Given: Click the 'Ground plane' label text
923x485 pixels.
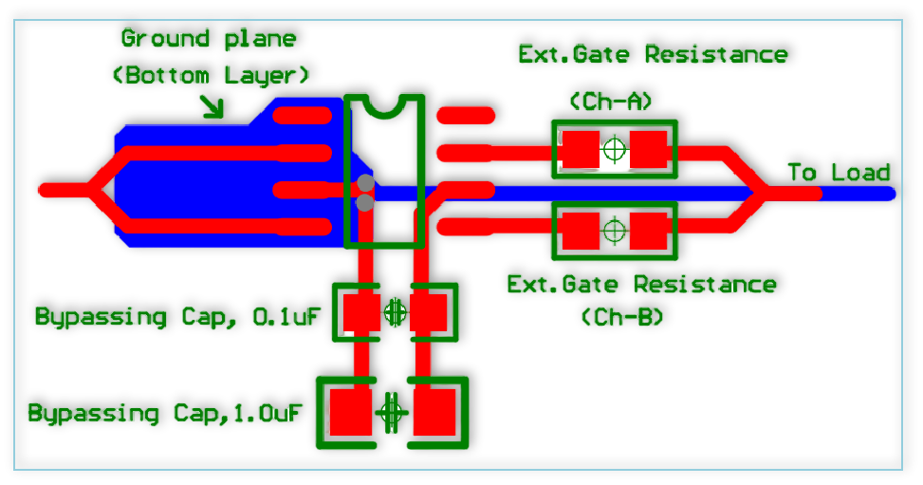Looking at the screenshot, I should [x=209, y=39].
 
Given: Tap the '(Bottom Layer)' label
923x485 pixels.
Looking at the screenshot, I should [x=211, y=75].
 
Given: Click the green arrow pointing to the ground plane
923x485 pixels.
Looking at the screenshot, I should [x=212, y=107].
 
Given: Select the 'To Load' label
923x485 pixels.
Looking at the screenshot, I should [x=839, y=173].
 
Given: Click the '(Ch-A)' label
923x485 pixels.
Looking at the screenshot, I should [x=612, y=101].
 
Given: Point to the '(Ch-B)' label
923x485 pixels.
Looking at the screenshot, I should [x=622, y=317].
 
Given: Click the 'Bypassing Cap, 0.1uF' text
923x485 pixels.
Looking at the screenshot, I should [x=177, y=317].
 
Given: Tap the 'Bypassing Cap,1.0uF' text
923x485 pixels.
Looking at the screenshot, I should [x=165, y=414].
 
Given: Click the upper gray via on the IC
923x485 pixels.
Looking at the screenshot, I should [x=365, y=182].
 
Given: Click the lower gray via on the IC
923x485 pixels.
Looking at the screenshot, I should [x=365, y=202].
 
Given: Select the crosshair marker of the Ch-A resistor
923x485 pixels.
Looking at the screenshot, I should [x=615, y=149].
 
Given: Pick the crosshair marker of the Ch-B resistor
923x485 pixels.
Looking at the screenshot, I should [x=615, y=230].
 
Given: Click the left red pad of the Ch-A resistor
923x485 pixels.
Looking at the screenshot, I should [x=579, y=149].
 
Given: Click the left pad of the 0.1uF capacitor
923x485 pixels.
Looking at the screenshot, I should [x=361, y=312].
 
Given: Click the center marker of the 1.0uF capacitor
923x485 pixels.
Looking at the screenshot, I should [x=391, y=413].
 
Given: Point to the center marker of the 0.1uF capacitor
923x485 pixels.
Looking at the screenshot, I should [x=395, y=311].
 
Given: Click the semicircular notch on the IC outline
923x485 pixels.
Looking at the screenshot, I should [x=384, y=105].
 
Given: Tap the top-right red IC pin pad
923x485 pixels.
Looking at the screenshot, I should [x=466, y=116].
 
